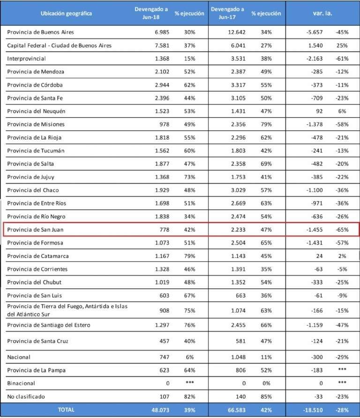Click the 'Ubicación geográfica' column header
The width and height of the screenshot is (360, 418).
coord(66,13)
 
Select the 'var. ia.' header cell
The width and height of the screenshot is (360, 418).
coord(322,13)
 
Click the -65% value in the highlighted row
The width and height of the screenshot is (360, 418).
coord(342,230)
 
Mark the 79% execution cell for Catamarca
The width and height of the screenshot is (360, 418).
coord(190,256)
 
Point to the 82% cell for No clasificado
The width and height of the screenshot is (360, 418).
coord(190,396)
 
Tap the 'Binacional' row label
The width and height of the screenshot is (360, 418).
coord(22,383)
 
